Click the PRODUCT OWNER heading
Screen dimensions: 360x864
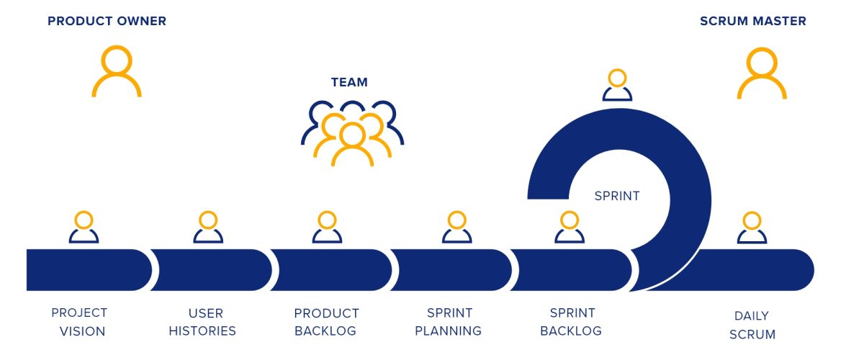click(107, 22)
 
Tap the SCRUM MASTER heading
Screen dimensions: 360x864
click(752, 22)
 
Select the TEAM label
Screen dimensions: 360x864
click(349, 82)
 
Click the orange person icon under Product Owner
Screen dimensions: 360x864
click(117, 71)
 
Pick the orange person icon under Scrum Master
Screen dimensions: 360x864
click(762, 73)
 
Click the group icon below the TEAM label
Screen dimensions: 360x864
click(352, 133)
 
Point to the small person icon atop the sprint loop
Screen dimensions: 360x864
click(617, 85)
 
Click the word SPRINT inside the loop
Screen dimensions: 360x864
click(616, 196)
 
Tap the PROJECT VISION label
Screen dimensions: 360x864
click(79, 322)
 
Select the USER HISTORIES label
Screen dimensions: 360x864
click(207, 322)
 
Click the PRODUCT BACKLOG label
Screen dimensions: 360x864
click(326, 322)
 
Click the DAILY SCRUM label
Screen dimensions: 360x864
click(752, 325)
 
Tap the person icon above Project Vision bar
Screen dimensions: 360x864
click(84, 227)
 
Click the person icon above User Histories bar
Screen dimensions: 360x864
click(208, 227)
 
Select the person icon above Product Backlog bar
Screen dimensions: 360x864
click(327, 227)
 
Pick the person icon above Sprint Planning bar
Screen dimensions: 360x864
click(456, 227)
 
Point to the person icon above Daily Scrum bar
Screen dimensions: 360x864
click(752, 227)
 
